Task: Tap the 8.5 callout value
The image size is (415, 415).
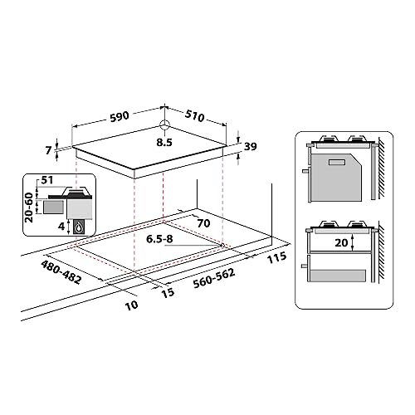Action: (x=165, y=143)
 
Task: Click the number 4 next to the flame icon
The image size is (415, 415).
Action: (x=61, y=223)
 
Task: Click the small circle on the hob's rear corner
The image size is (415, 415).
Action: (x=164, y=127)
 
